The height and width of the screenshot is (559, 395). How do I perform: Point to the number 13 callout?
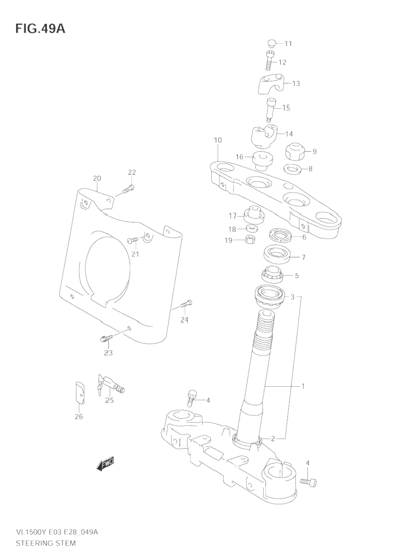[296, 84]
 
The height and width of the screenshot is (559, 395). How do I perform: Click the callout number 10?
[217, 140]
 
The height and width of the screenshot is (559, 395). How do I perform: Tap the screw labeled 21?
[133, 240]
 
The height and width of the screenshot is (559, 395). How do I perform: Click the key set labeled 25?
[110, 384]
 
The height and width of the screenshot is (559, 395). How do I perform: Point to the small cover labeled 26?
[79, 393]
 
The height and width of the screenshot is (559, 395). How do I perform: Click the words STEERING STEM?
[45, 543]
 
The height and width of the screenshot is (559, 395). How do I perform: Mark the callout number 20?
[97, 179]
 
